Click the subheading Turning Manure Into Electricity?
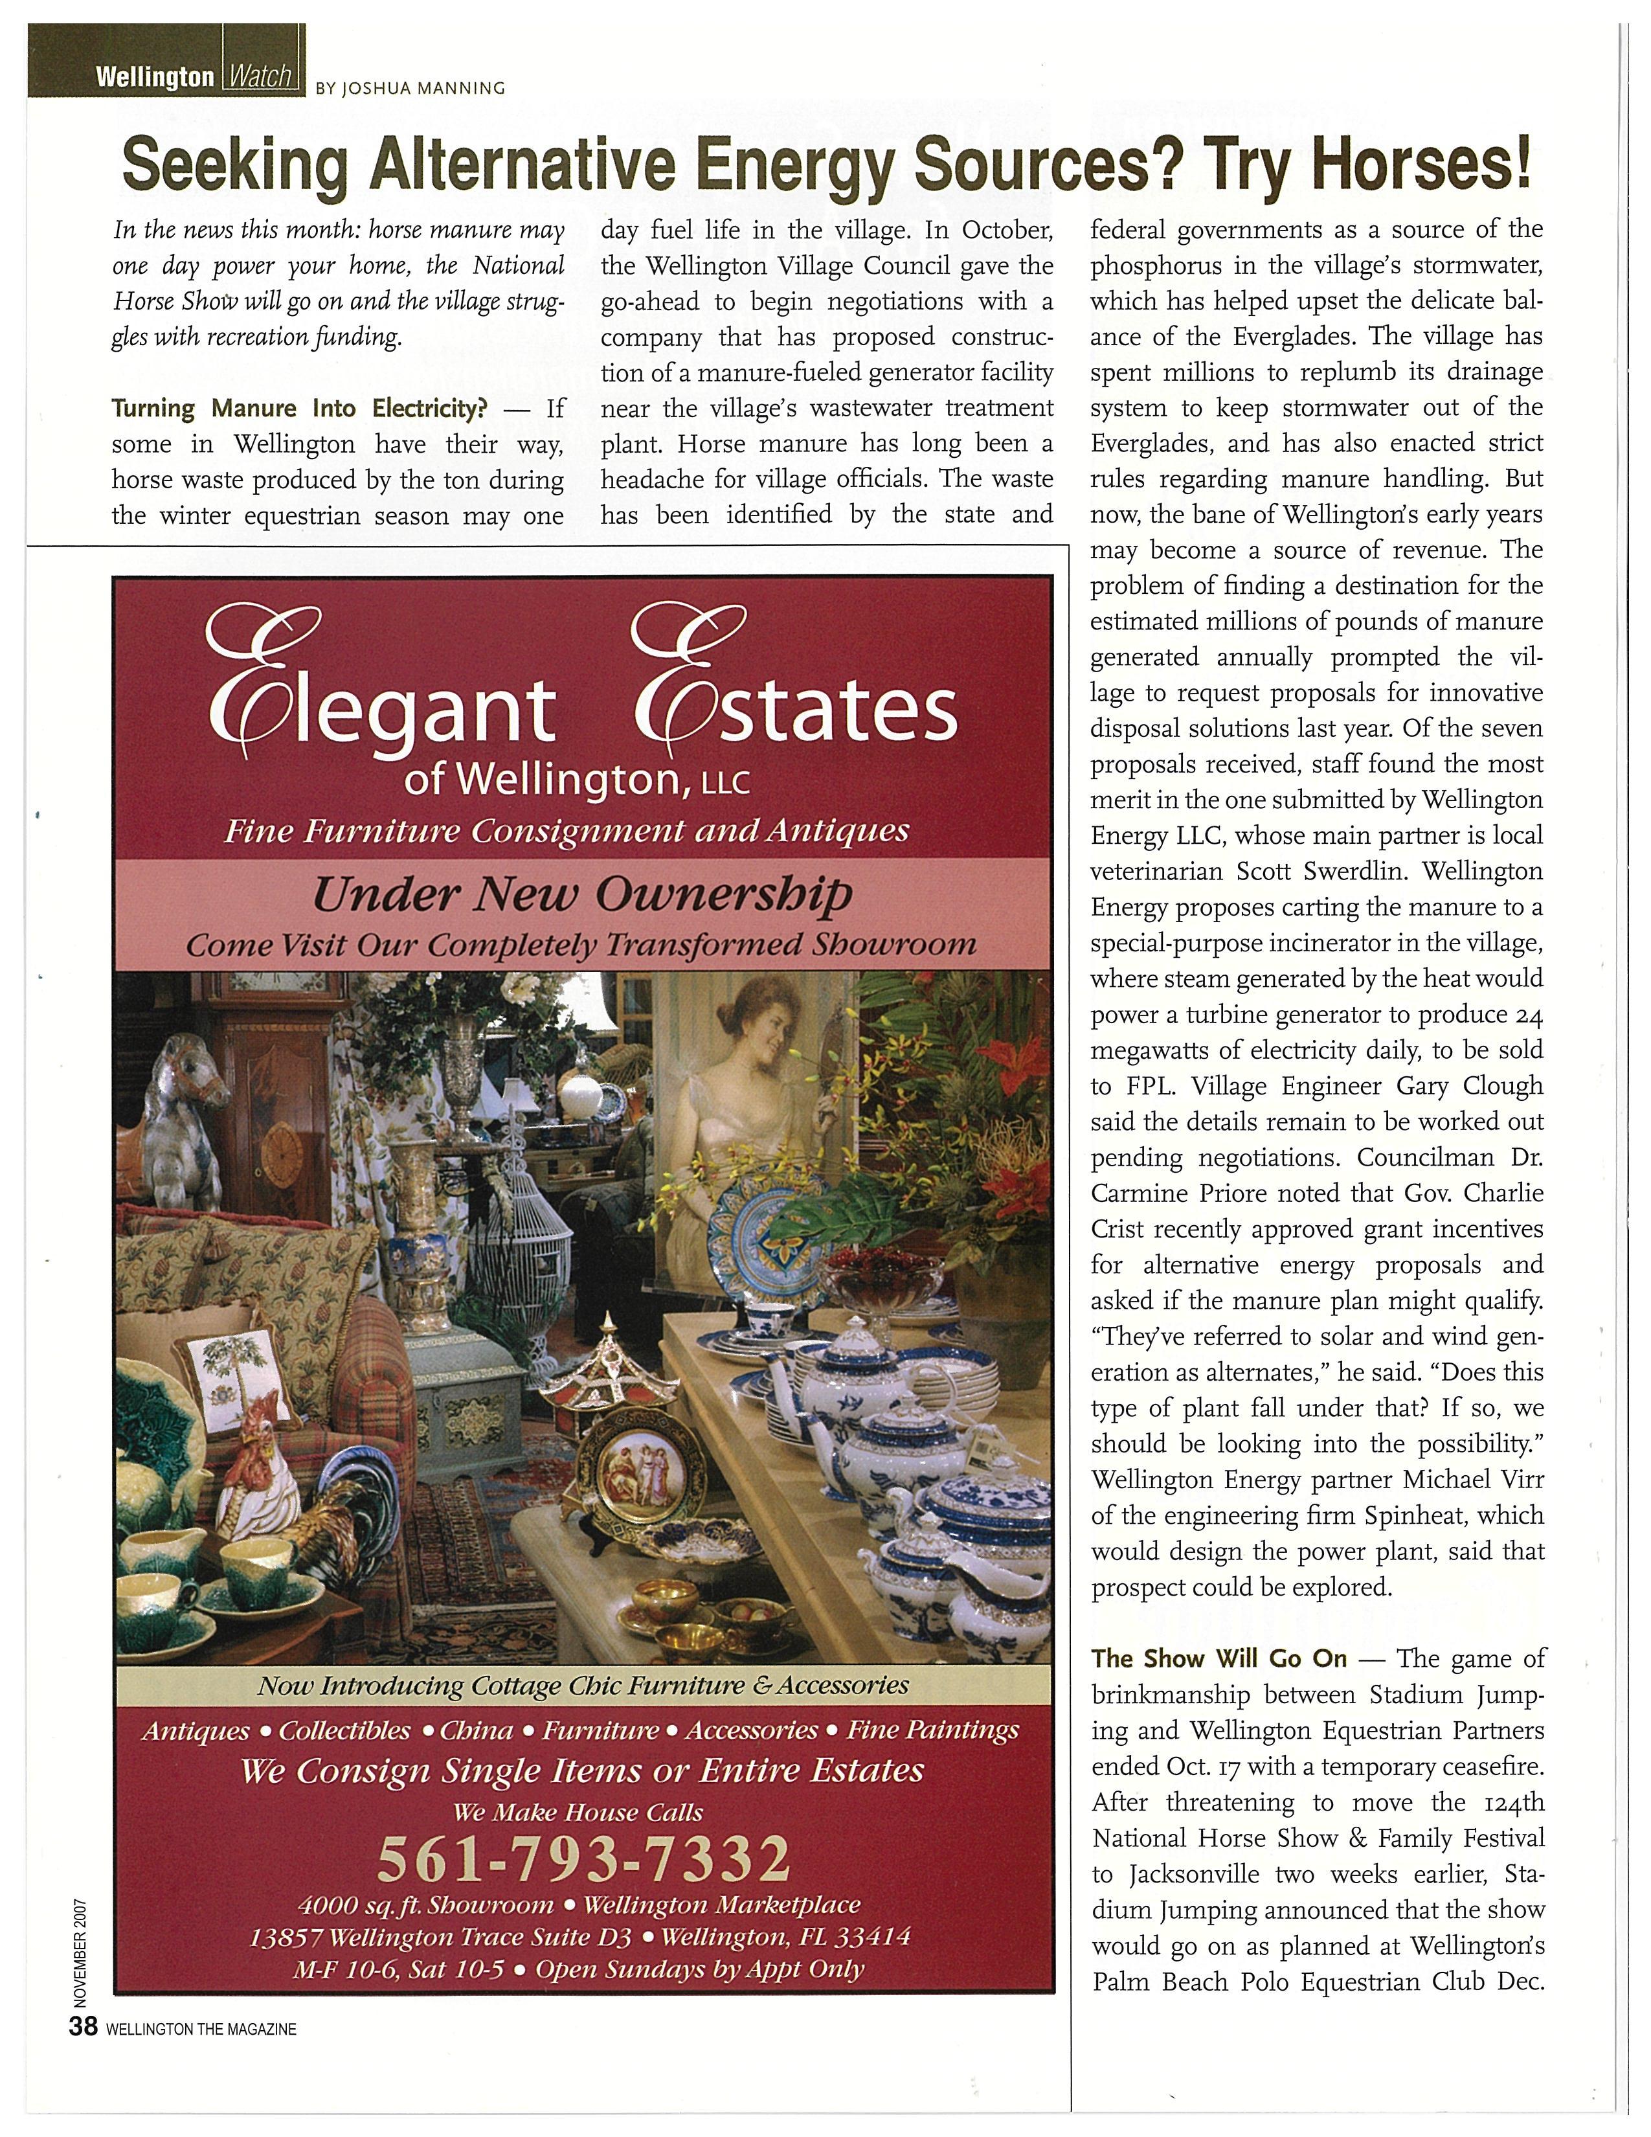[x=299, y=408]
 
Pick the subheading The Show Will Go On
[x=1219, y=1658]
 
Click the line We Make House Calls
[x=578, y=1811]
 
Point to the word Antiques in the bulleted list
[x=196, y=1731]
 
